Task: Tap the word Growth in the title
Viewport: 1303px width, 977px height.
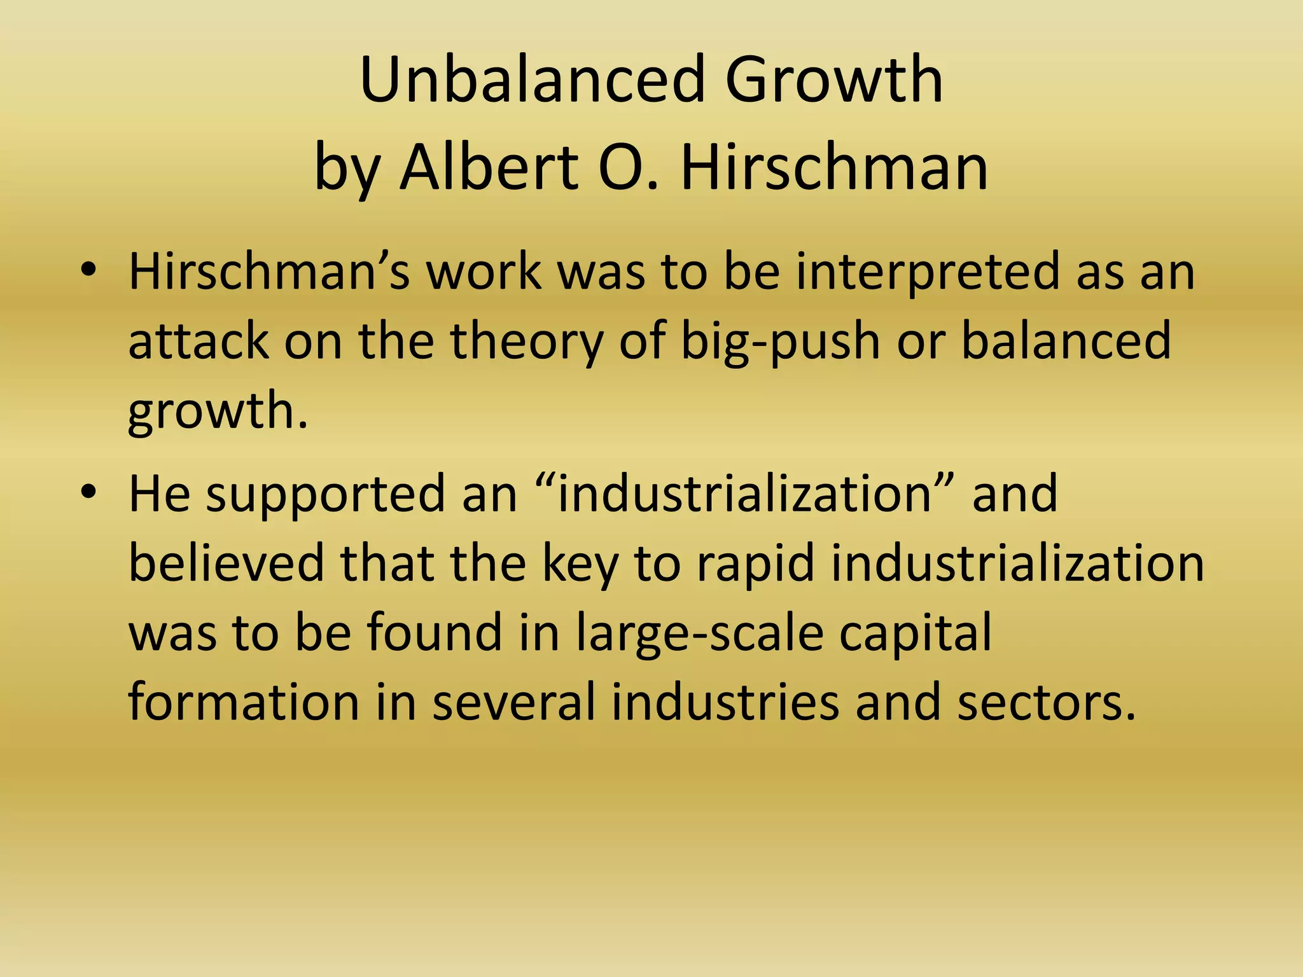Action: pyautogui.click(x=834, y=80)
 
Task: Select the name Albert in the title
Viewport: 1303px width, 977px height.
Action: pyautogui.click(x=488, y=167)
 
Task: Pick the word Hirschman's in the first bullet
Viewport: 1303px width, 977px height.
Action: pyautogui.click(x=269, y=271)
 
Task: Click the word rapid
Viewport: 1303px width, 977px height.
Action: pyautogui.click(x=755, y=564)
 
